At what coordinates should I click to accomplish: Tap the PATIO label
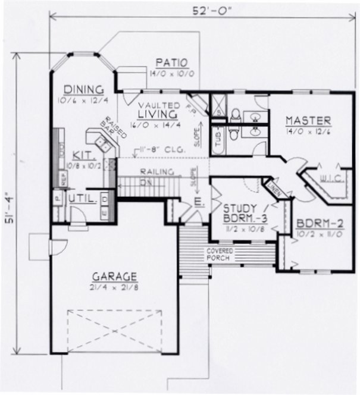(x=171, y=62)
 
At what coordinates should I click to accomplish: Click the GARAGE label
(x=114, y=277)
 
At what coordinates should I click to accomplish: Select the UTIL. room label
(x=83, y=197)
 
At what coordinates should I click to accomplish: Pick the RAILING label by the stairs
(x=156, y=172)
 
